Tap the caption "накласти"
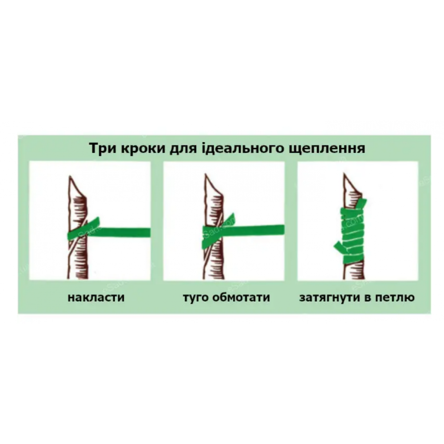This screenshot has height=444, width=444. click(96, 297)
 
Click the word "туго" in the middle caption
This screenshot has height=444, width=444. click(195, 298)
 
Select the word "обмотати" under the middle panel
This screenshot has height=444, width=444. click(241, 297)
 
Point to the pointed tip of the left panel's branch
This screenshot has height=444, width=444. click(70, 176)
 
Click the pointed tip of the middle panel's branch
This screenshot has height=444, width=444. click(205, 174)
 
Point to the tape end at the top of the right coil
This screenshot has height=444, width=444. click(361, 204)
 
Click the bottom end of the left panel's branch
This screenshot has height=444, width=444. click(78, 277)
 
